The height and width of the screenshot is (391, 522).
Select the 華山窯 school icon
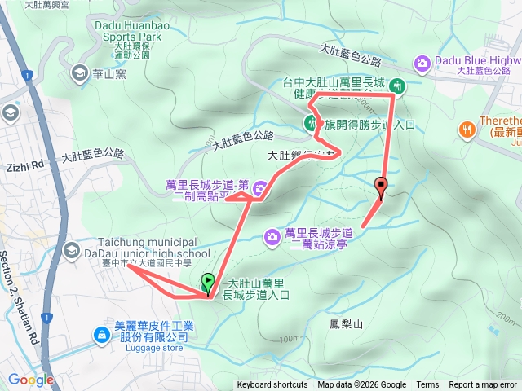click(x=80, y=73)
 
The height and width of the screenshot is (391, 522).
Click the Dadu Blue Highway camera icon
click(x=422, y=62)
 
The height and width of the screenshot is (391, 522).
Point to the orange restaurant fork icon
click(x=467, y=127)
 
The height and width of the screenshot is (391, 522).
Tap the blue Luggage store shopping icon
click(x=101, y=335)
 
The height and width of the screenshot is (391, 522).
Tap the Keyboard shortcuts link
click(x=272, y=385)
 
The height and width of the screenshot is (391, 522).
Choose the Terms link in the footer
click(x=427, y=385)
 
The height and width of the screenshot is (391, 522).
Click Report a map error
click(x=483, y=385)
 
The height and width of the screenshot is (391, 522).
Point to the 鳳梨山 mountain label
click(x=346, y=324)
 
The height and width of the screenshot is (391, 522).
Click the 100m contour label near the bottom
click(x=288, y=339)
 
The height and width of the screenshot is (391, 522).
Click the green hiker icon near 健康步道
click(x=398, y=85)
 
